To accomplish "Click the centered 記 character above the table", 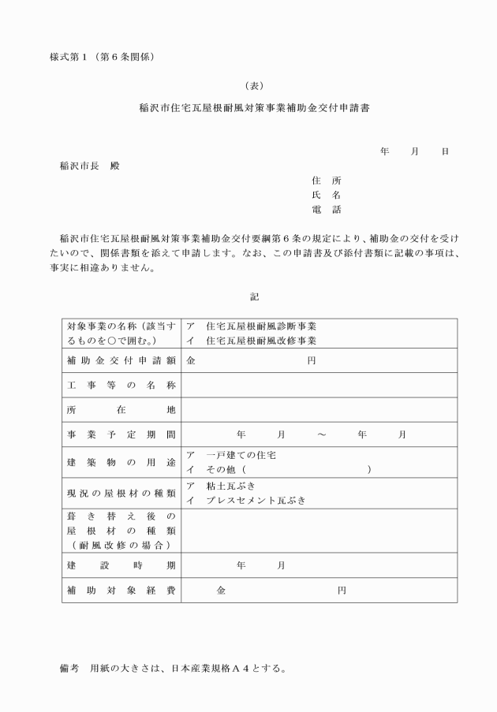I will [x=254, y=296].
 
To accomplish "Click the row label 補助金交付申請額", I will [x=121, y=360].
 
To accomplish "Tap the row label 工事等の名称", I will [x=121, y=385].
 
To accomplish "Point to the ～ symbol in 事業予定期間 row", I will [x=322, y=434].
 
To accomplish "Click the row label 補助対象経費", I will [x=121, y=590].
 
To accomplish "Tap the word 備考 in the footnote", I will [x=70, y=668].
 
